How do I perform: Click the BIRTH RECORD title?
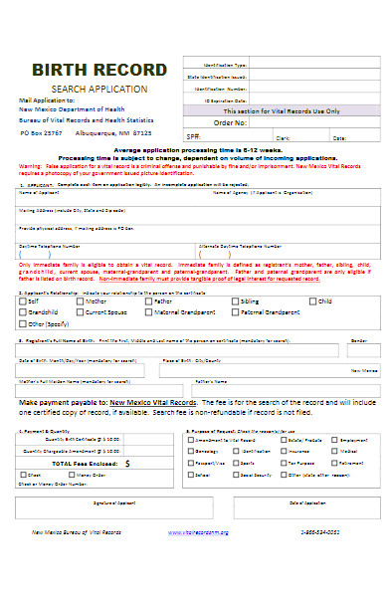(x=99, y=70)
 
